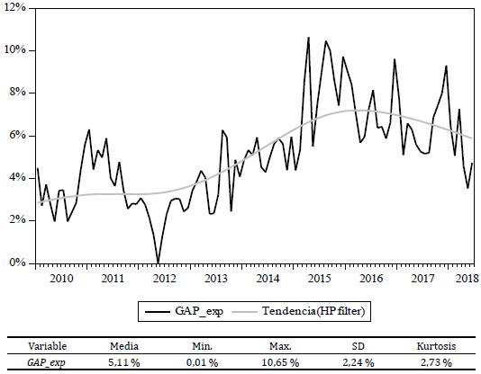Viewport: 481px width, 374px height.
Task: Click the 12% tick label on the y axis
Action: point(16,7)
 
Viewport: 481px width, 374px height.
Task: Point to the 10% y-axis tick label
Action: point(16,50)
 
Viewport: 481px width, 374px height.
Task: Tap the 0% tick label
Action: point(18,263)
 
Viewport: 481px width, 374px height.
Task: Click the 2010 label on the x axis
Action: point(61,280)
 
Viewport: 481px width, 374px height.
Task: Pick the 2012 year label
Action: point(164,280)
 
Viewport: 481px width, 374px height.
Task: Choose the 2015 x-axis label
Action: point(319,280)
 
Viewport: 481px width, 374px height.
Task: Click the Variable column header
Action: point(47,345)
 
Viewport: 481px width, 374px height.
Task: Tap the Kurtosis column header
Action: point(437,345)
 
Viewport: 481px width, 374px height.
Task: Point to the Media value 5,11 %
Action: point(123,361)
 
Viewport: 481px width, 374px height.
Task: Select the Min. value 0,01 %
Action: point(204,361)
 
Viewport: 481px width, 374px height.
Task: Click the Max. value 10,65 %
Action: point(284,361)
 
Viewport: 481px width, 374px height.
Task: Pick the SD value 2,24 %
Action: point(362,361)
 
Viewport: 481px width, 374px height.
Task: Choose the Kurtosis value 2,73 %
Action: point(438,361)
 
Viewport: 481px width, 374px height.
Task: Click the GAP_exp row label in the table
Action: point(45,361)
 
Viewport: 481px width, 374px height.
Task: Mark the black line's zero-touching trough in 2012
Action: point(159,263)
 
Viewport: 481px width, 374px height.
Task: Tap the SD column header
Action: point(362,345)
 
